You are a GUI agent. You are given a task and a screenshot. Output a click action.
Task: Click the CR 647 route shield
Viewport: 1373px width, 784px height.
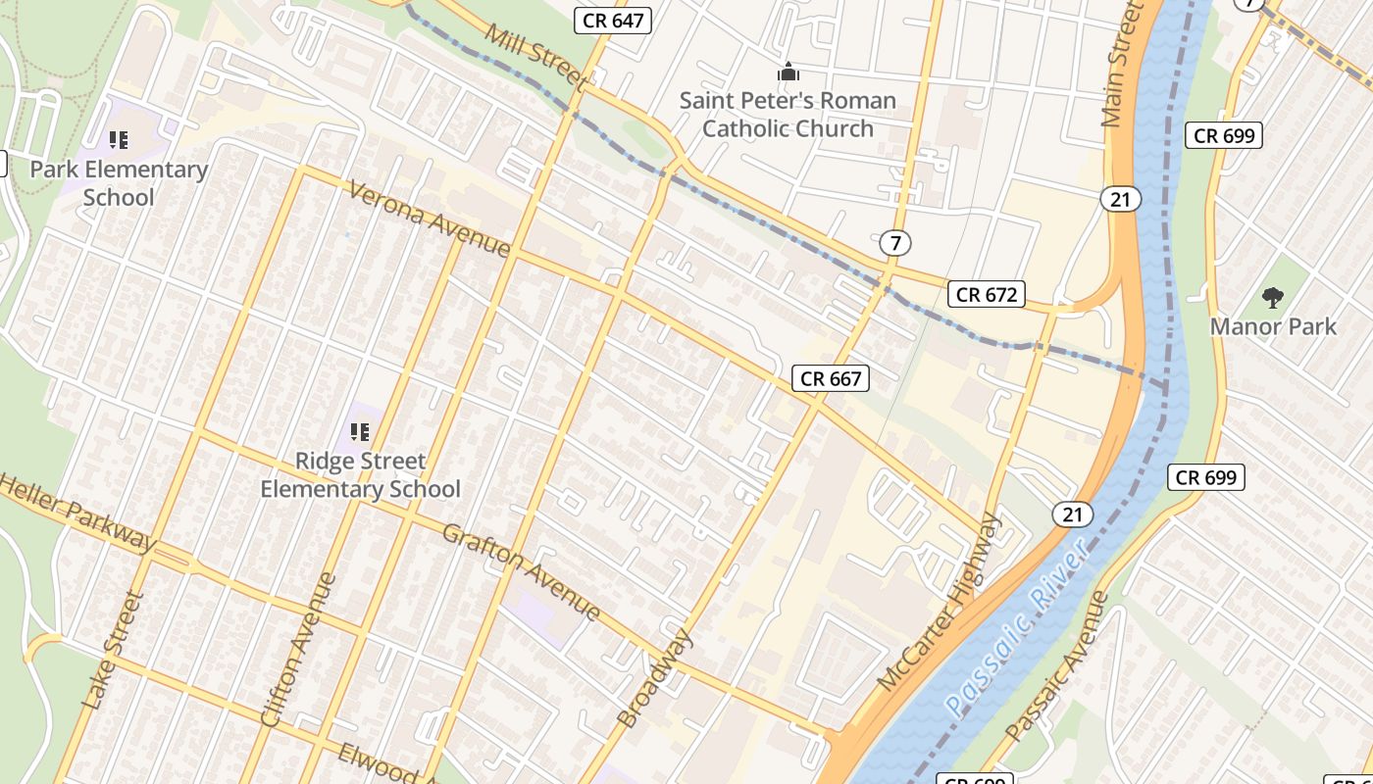tap(612, 20)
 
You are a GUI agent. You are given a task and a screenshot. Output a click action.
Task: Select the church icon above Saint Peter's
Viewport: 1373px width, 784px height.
tap(788, 72)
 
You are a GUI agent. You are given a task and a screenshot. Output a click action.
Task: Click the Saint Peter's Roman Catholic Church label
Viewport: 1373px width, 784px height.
tap(788, 114)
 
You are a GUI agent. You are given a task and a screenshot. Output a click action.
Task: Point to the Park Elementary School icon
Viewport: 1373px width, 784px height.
tap(119, 140)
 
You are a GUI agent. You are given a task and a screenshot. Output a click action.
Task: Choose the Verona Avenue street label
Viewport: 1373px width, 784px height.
tap(429, 217)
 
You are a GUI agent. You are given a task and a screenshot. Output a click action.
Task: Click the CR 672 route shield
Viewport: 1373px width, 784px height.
tap(987, 294)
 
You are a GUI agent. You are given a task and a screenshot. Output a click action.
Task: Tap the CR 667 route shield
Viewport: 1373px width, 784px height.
tap(831, 378)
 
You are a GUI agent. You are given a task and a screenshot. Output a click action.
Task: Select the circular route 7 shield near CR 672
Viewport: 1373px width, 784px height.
tap(892, 242)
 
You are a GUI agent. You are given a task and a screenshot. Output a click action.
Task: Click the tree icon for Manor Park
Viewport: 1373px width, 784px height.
tap(1273, 296)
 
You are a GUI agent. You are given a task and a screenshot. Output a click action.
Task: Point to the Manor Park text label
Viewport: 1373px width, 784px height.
tap(1273, 326)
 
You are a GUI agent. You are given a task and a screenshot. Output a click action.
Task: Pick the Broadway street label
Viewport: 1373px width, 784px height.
tap(654, 679)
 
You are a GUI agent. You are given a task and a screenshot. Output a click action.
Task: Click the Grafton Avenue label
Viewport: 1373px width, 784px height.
tap(521, 571)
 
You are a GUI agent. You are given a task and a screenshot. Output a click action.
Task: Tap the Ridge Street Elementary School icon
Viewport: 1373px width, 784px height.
tap(360, 431)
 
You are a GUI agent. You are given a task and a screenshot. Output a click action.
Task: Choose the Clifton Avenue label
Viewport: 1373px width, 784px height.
tap(298, 650)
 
